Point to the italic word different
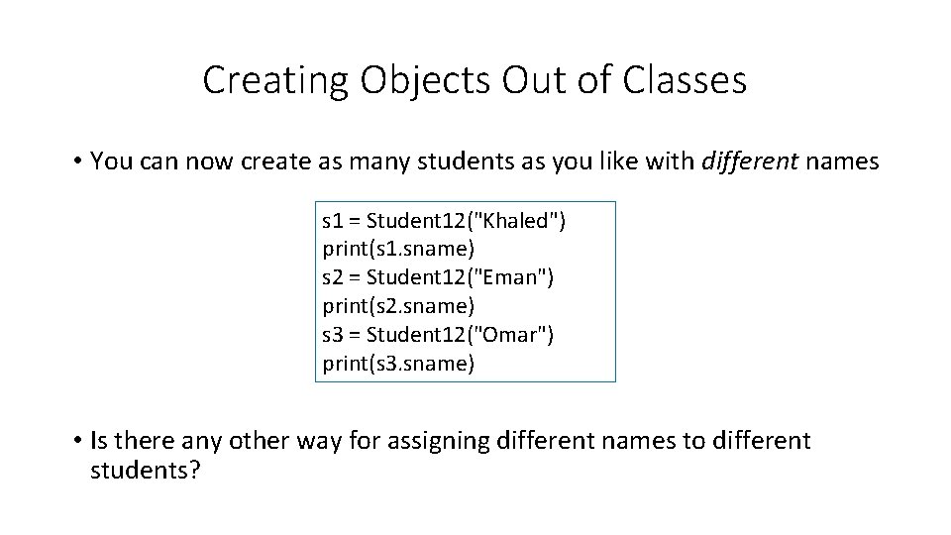point(756,161)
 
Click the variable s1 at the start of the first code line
point(333,221)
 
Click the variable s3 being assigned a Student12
point(333,335)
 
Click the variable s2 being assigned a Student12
point(333,278)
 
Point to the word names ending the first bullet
point(845,161)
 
